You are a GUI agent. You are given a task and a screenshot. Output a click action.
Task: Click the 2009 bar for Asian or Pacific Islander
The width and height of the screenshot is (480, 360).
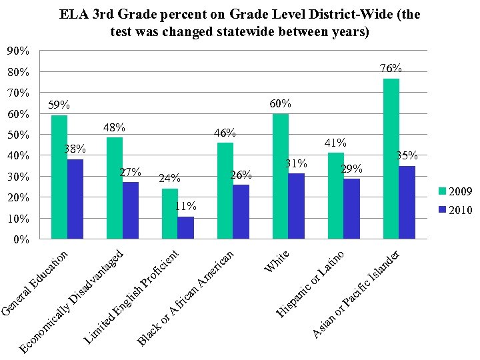pyautogui.click(x=391, y=159)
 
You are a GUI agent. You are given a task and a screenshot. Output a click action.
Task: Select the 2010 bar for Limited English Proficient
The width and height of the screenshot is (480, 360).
pyautogui.click(x=186, y=227)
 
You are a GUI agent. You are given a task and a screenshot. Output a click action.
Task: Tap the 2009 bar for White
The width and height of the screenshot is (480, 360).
pyautogui.click(x=281, y=176)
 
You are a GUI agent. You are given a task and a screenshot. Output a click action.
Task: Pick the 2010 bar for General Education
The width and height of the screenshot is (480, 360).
pyautogui.click(x=75, y=199)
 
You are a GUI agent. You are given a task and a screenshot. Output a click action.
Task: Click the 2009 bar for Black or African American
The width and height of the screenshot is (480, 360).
pyautogui.click(x=225, y=191)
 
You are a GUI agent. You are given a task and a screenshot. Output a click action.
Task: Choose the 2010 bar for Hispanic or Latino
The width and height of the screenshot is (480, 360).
pyautogui.click(x=351, y=209)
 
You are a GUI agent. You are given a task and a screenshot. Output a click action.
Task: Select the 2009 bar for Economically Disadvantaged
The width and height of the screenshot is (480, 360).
pyautogui.click(x=115, y=188)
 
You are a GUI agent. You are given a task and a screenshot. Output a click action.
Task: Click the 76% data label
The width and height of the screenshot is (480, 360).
pyautogui.click(x=391, y=69)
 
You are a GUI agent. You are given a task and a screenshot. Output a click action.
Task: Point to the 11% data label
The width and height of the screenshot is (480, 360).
pyautogui.click(x=185, y=206)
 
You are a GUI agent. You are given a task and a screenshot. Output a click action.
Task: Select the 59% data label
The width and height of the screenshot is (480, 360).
pyautogui.click(x=59, y=105)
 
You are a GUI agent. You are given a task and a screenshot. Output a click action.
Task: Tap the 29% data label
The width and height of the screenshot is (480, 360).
pyautogui.click(x=351, y=169)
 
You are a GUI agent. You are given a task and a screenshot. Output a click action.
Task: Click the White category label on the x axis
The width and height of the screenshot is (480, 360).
pyautogui.click(x=277, y=261)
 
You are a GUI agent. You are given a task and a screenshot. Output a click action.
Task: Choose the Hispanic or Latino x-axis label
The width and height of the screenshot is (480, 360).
pyautogui.click(x=311, y=281)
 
